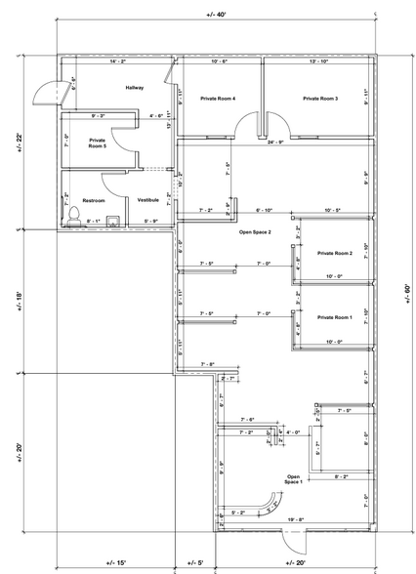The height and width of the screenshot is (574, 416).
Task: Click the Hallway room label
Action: (134, 88)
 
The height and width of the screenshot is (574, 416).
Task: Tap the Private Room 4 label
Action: (218, 99)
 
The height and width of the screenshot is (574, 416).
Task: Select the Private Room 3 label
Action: (320, 99)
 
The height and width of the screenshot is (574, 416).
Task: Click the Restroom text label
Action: (93, 200)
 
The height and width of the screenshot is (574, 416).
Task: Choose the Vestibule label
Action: (147, 199)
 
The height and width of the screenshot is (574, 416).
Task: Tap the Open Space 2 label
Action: (255, 233)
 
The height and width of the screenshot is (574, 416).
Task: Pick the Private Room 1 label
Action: (335, 317)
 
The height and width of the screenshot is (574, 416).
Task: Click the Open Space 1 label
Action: (293, 479)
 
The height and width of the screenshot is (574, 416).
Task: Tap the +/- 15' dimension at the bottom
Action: (116, 563)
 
